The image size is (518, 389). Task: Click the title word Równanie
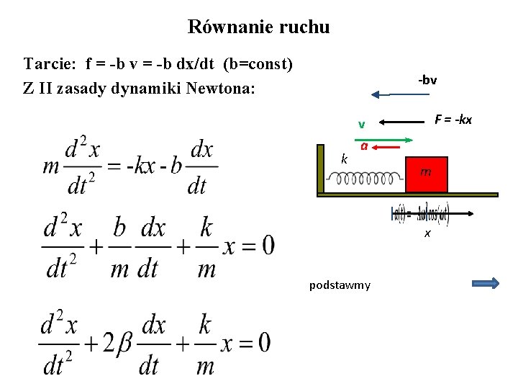(x=227, y=27)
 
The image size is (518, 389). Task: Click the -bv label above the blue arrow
(x=427, y=80)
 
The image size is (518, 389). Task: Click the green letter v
(x=363, y=123)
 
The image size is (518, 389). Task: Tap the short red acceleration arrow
(x=388, y=146)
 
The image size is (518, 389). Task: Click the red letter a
(x=365, y=146)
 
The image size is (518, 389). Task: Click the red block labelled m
(x=426, y=174)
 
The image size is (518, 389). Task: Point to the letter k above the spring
(x=345, y=158)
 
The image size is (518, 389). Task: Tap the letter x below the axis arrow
(x=427, y=233)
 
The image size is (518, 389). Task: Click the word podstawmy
(x=340, y=285)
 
